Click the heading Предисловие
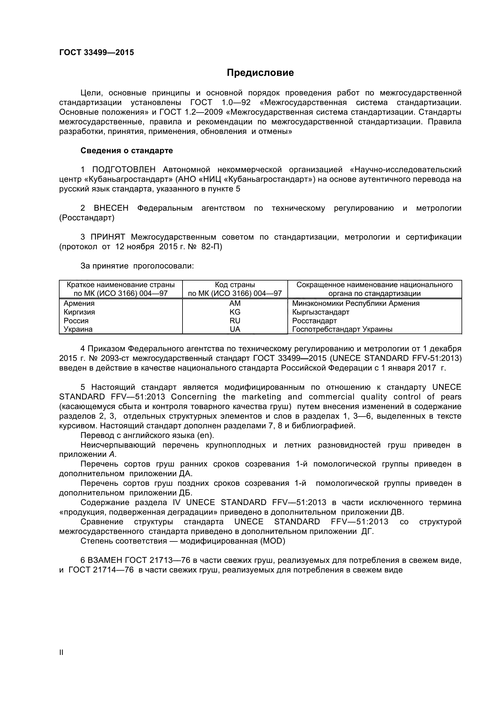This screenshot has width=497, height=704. click(x=260, y=73)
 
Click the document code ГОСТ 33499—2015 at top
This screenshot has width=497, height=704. click(x=97, y=52)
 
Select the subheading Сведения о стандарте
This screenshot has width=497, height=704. click(x=127, y=150)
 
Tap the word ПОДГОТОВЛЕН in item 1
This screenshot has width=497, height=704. click(x=124, y=169)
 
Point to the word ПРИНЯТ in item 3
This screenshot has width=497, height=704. click(x=108, y=237)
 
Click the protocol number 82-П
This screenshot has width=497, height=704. click(x=212, y=247)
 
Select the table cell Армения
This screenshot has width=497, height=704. click(x=79, y=303)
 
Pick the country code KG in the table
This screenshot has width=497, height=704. click(x=235, y=312)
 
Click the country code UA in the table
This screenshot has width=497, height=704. click(x=235, y=329)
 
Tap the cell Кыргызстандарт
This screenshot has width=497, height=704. click(x=321, y=312)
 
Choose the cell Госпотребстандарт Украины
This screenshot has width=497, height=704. click(x=342, y=329)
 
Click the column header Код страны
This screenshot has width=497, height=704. click(x=235, y=284)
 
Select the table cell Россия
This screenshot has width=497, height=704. click(x=76, y=321)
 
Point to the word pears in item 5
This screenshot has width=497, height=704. click(x=451, y=397)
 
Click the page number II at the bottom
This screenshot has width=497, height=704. click(x=61, y=661)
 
